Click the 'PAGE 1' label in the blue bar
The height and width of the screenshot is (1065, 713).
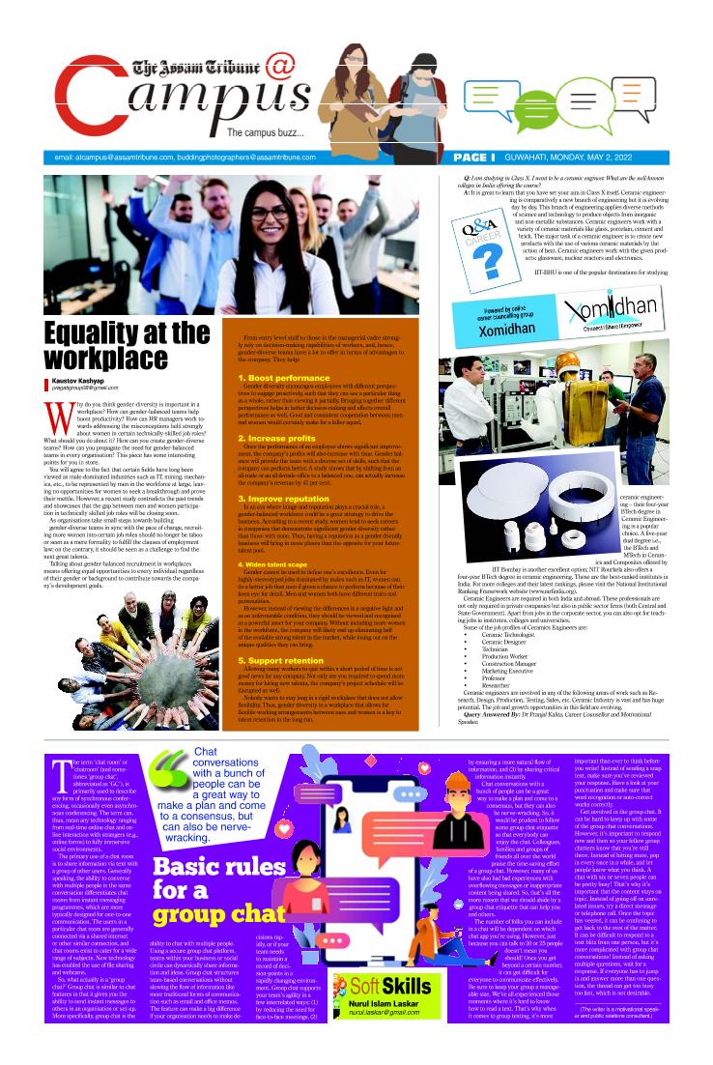tap(473, 157)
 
